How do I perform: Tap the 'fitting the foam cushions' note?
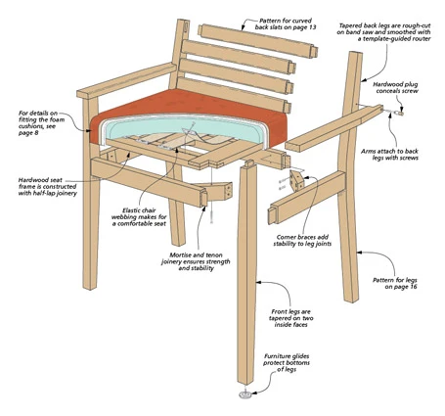tap(41, 119)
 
